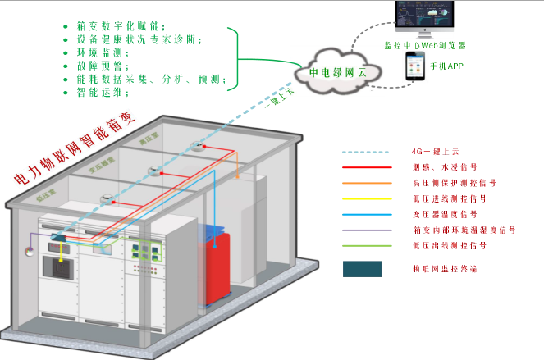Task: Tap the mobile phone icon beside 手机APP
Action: [413, 67]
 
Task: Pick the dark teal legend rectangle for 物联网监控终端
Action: [362, 268]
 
